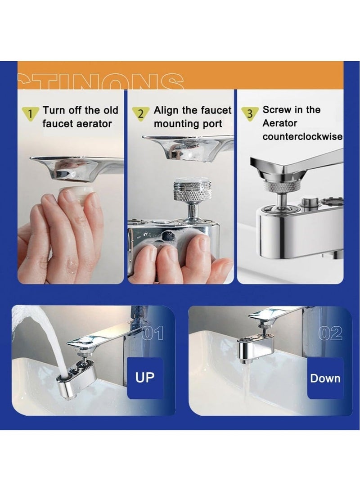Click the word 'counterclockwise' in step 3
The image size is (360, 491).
coord(302,137)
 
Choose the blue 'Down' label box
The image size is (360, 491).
coord(325,378)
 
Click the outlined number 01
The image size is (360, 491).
coord(153,334)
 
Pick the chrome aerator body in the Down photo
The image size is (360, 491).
coord(256,348)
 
